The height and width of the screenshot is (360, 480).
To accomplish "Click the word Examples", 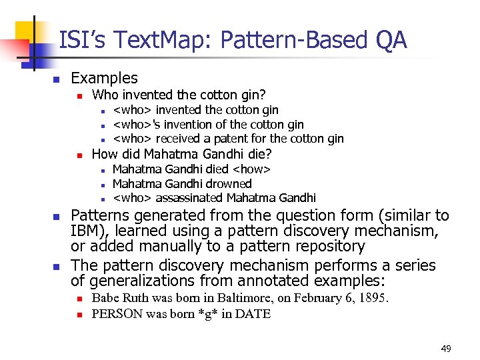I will [x=104, y=78].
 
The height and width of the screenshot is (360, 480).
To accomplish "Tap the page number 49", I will [x=446, y=349].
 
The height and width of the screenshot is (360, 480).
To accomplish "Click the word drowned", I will [x=227, y=183].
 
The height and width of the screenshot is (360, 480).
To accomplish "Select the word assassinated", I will [x=190, y=198].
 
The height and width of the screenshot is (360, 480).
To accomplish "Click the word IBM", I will [x=87, y=231].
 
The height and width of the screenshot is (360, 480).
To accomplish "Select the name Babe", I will [x=105, y=298].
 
